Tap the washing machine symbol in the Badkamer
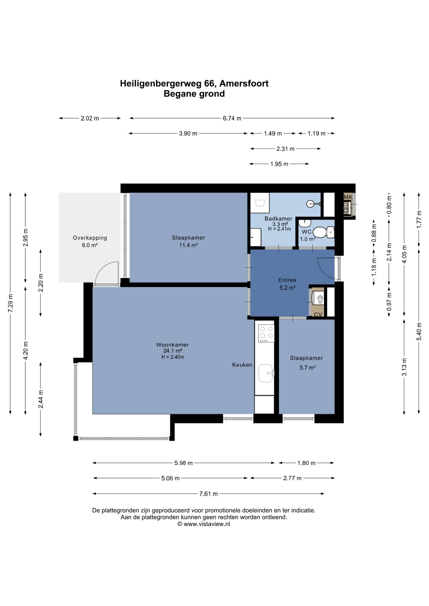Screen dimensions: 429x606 point(260,203)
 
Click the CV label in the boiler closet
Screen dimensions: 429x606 point(318,315)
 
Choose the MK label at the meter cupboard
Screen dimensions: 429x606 point(348,197)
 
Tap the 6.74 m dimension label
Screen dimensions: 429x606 point(232,118)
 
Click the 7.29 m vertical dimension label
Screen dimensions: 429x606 point(10,303)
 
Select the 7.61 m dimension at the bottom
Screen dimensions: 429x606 point(208,494)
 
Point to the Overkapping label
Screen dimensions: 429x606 point(90,238)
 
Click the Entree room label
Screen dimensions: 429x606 point(287,280)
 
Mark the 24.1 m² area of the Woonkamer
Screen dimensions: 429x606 point(172,351)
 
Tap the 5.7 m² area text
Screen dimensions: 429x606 point(307,367)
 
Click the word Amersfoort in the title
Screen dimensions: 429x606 point(244,83)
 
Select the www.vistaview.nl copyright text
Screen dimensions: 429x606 point(204,524)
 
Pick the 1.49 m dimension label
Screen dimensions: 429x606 point(273,134)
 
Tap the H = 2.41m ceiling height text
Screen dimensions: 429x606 point(280,229)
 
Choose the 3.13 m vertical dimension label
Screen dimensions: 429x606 point(404,367)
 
